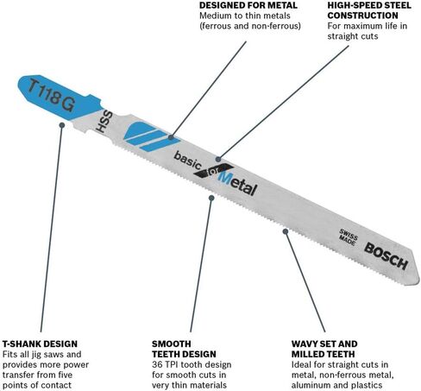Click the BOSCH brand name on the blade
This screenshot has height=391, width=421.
point(386,256)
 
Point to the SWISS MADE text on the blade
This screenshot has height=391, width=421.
point(348,237)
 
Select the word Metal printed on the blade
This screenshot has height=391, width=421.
point(237,184)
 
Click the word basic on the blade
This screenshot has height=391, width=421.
point(187,161)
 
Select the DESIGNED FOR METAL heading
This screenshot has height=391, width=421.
point(248,5)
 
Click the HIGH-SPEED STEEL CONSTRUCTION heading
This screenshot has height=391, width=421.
point(369,10)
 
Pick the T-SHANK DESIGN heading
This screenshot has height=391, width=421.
point(40,344)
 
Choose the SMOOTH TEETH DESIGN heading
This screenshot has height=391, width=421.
point(184,349)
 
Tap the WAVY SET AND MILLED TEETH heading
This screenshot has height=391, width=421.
point(324,349)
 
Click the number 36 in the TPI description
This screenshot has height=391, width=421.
point(157,364)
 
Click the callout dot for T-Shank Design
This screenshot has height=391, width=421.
point(62,125)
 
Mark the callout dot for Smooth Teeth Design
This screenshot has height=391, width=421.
point(211,198)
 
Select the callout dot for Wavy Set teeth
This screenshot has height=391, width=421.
point(286,231)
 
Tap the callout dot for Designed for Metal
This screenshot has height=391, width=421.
point(171,137)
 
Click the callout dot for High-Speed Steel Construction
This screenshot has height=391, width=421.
point(218,159)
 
